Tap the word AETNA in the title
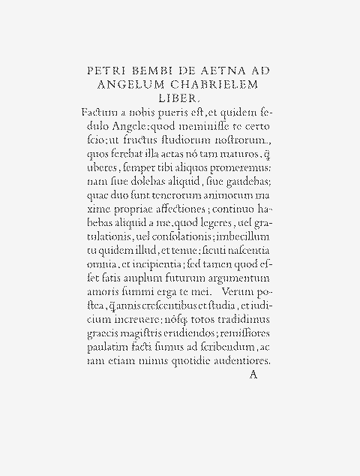[x=224, y=71]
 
